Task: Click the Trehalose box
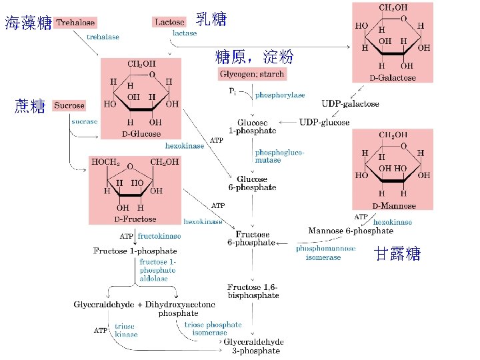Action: coord(75,23)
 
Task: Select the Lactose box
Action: coord(170,23)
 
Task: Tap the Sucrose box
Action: coord(69,105)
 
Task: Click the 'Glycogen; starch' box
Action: coord(252,73)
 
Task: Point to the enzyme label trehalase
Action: coord(103,37)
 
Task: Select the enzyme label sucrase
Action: coord(85,121)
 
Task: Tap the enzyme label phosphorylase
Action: coord(280,95)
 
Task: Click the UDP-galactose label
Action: coord(350,104)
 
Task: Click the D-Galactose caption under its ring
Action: coord(393,78)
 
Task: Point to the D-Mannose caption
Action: coord(393,205)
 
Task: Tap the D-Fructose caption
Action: coord(135,219)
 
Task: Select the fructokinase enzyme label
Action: coord(159,235)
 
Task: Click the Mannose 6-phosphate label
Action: coord(351,231)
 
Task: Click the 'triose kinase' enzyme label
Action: coord(125,330)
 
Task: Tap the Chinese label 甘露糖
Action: coord(397,254)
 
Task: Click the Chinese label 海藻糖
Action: coord(28,24)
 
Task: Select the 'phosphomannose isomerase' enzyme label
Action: coord(323,253)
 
